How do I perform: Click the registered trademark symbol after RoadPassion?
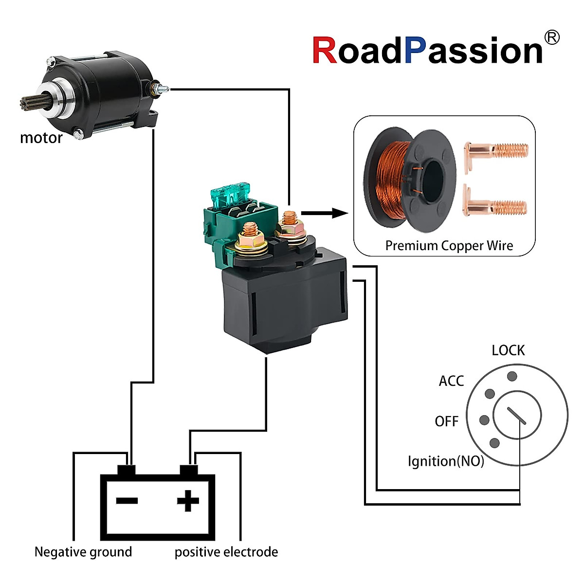551,38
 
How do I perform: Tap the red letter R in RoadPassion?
324,51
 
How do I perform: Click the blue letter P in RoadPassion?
415,51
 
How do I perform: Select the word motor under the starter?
41,138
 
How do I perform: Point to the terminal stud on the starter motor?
162,89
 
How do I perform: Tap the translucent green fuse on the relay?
233,193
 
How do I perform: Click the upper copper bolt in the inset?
496,151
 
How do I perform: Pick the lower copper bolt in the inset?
496,206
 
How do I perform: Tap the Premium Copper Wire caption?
449,246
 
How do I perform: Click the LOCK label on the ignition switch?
508,350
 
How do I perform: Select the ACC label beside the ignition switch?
451,381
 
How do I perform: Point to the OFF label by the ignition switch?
446,421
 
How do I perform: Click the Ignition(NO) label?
446,461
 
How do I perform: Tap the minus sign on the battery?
127,501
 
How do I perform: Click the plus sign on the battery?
188,501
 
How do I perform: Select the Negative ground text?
83,552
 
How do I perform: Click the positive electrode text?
226,552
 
